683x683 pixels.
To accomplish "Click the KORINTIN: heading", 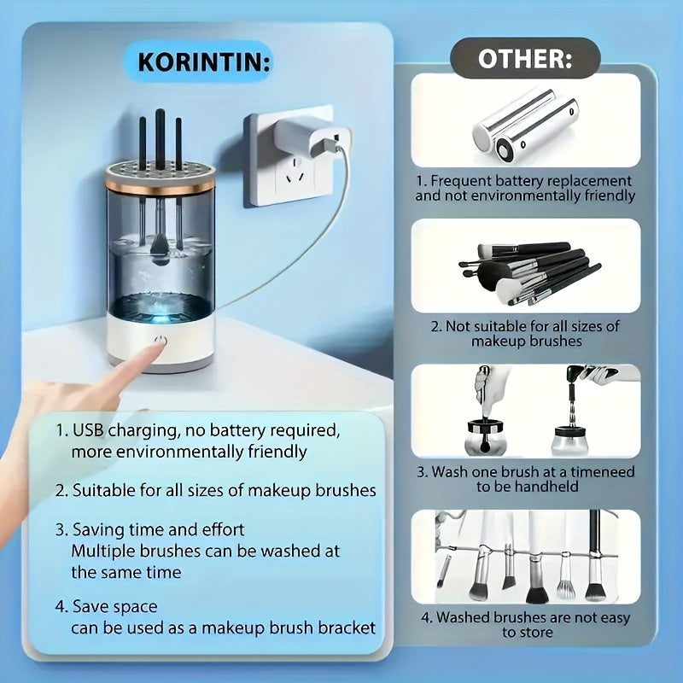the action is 204,61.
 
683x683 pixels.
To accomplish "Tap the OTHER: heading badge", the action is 525,58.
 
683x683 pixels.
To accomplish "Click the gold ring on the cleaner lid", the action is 160,186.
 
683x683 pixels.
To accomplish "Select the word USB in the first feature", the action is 88,430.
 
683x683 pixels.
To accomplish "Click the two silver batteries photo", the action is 526,125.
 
